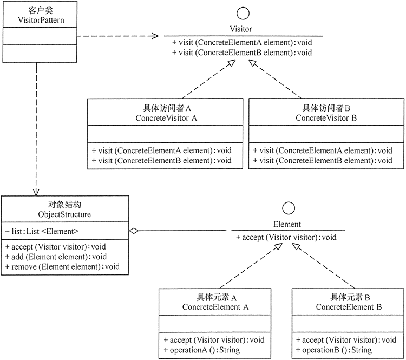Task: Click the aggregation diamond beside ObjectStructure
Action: click(x=134, y=231)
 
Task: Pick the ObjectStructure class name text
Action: click(x=66, y=215)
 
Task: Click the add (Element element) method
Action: click(x=56, y=256)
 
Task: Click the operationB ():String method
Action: click(x=335, y=350)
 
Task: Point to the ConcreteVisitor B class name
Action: click(x=326, y=117)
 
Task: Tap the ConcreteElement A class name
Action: click(x=215, y=307)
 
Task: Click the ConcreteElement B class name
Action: click(x=349, y=307)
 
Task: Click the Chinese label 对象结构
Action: click(x=66, y=205)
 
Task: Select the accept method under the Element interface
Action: click(x=286, y=237)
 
